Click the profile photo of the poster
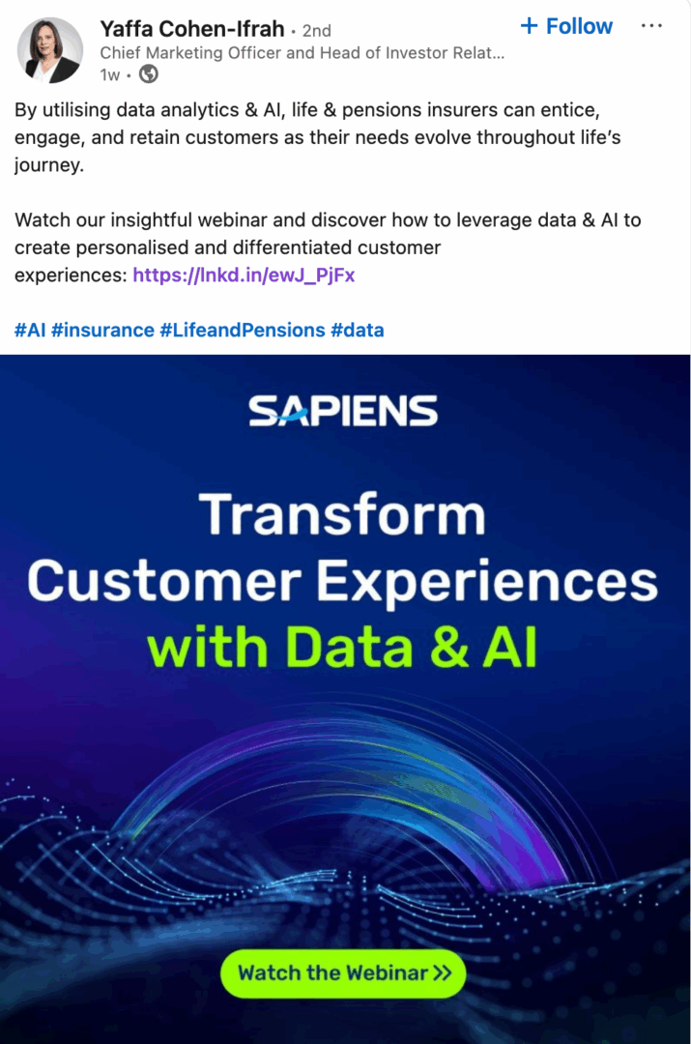[49, 50]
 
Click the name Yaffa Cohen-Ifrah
[191, 28]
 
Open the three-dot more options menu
[651, 26]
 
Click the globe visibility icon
[149, 74]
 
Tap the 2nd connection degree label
[316, 30]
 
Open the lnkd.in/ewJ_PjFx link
[244, 275]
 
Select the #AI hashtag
[30, 331]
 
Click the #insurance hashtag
[102, 331]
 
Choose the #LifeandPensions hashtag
[242, 331]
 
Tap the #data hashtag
[358, 331]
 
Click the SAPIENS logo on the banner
[343, 412]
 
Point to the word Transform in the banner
[342, 514]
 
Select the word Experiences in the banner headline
[488, 582]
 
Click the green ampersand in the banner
[448, 649]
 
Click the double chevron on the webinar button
[442, 972]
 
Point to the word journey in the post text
[48, 165]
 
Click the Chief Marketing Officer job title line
[302, 53]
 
